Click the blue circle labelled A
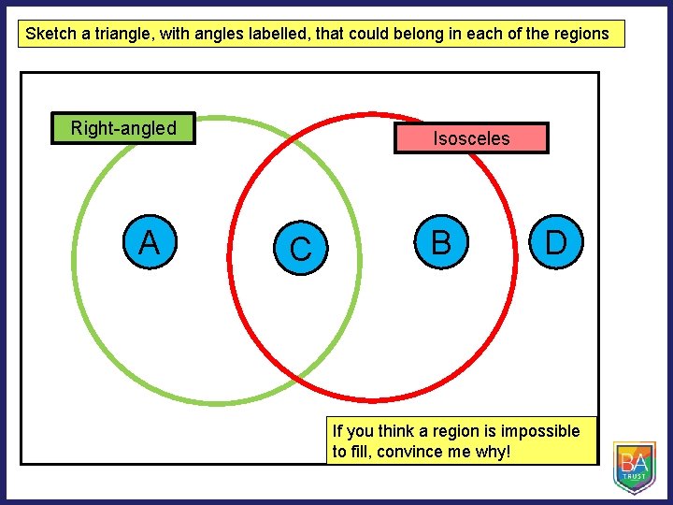pyautogui.click(x=149, y=244)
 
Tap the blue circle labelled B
pyautogui.click(x=441, y=242)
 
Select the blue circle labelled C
pyautogui.click(x=301, y=249)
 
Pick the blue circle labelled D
pyautogui.click(x=556, y=242)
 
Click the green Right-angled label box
pyautogui.click(x=123, y=128)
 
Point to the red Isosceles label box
pyautogui.click(x=471, y=138)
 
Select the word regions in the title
pyautogui.click(x=580, y=35)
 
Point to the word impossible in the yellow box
pyautogui.click(x=540, y=431)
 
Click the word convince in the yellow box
pyautogui.click(x=405, y=453)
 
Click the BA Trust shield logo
pyautogui.click(x=635, y=467)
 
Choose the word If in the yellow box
pyautogui.click(x=337, y=431)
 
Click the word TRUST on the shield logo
pyautogui.click(x=635, y=476)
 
